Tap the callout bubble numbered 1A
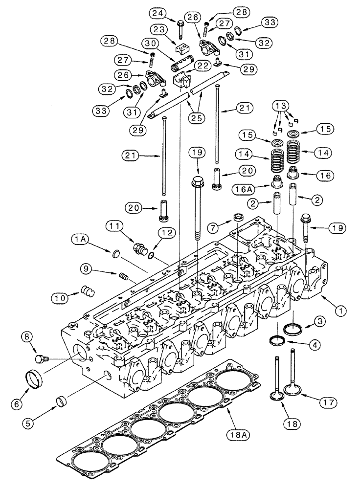tap(80, 239)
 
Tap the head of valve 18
tap(277, 395)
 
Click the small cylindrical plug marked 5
tap(61, 403)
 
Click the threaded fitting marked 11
tap(140, 245)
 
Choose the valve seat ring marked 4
tap(278, 340)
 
